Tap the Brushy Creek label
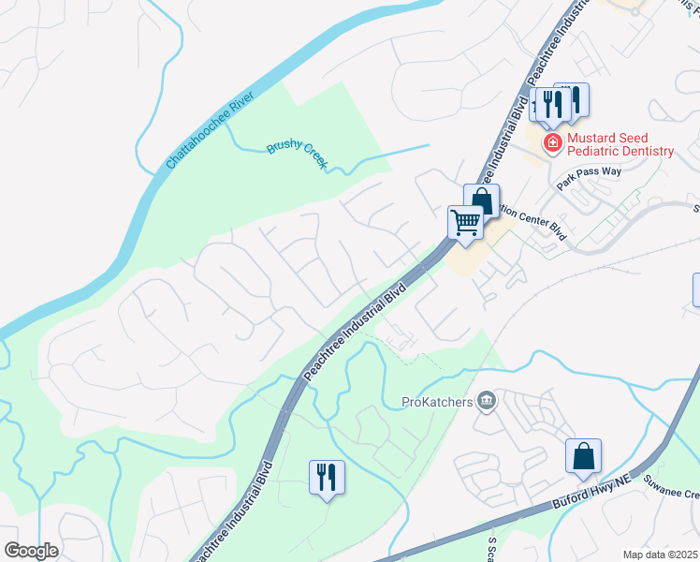click(297, 154)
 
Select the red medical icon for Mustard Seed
click(552, 143)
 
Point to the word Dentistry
click(640, 151)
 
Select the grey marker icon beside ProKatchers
click(486, 402)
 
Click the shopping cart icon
click(464, 223)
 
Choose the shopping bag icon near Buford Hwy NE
click(583, 456)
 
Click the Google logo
click(31, 550)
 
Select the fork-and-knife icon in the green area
click(327, 477)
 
